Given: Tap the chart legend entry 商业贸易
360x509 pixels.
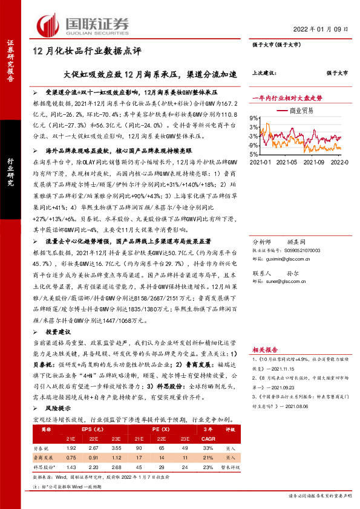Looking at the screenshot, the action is (x=302, y=111).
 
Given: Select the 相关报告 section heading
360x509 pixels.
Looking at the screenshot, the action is (x=264, y=349).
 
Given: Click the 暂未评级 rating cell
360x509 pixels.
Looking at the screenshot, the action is (x=231, y=467).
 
